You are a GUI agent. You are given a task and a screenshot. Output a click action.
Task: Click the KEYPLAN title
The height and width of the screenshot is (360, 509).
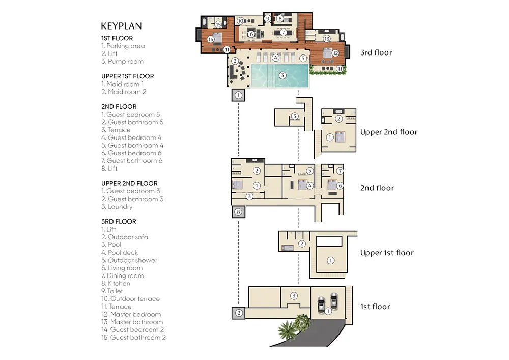(x=121, y=26)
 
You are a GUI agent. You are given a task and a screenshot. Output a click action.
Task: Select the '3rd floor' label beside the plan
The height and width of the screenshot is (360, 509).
(x=376, y=52)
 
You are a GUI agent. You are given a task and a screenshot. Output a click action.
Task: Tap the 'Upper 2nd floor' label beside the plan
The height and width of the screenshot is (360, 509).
(x=388, y=132)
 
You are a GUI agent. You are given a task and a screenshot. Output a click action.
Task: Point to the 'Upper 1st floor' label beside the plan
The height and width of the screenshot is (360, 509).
(x=387, y=253)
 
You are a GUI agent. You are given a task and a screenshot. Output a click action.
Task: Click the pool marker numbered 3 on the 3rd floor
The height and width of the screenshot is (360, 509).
(x=282, y=75)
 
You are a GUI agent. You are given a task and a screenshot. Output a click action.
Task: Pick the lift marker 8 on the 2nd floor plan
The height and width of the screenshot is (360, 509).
(x=238, y=211)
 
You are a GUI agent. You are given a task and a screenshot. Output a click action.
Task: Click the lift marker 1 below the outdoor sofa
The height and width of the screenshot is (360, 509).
(x=238, y=95)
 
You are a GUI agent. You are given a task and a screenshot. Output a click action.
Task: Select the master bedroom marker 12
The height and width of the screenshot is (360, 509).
(x=335, y=53)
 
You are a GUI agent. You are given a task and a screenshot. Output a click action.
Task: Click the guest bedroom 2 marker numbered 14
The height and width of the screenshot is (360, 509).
(x=211, y=39)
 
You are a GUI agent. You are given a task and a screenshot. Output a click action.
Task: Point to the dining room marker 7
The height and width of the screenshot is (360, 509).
(x=283, y=33)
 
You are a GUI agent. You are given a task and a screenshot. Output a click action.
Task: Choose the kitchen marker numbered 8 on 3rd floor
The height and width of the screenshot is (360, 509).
(x=279, y=19)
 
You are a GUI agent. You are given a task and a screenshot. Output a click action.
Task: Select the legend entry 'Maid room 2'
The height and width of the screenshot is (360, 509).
(x=126, y=92)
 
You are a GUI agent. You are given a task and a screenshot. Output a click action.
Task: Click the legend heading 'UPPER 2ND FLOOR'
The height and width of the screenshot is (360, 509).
(x=129, y=183)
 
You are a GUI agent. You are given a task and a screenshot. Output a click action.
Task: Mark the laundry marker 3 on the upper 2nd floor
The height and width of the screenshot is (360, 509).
(x=294, y=116)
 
